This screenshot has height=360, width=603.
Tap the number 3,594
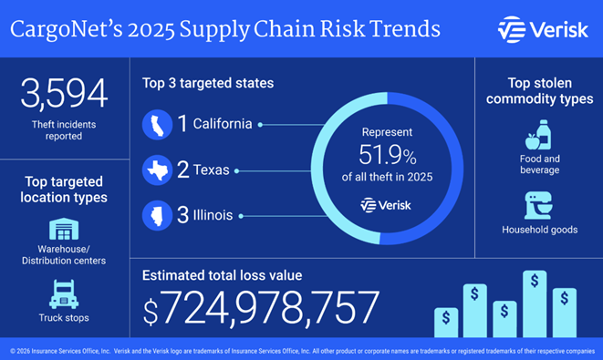tap(64, 95)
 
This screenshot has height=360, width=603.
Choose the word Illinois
tap(215, 216)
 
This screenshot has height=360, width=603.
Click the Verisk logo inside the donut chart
tap(387, 204)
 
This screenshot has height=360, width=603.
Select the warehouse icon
tap(64, 229)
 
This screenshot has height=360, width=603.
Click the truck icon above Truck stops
tap(64, 293)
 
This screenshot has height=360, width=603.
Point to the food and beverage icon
tap(538, 136)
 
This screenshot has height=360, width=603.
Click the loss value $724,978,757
tap(261, 307)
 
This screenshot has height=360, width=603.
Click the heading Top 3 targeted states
tap(207, 83)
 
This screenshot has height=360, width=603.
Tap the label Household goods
tap(539, 230)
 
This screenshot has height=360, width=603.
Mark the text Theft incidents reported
tap(64, 130)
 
